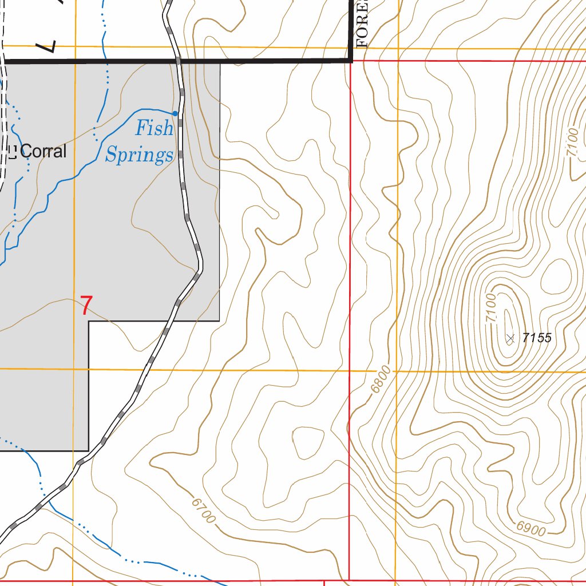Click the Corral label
(43, 152)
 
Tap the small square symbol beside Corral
(12, 152)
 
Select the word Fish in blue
(153, 129)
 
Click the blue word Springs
(139, 155)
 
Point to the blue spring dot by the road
(175, 113)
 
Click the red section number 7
(85, 306)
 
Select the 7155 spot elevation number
(537, 338)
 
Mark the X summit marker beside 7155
(510, 339)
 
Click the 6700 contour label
(204, 510)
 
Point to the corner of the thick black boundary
(351, 60)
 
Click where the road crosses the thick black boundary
(179, 60)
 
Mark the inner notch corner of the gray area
(89, 321)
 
